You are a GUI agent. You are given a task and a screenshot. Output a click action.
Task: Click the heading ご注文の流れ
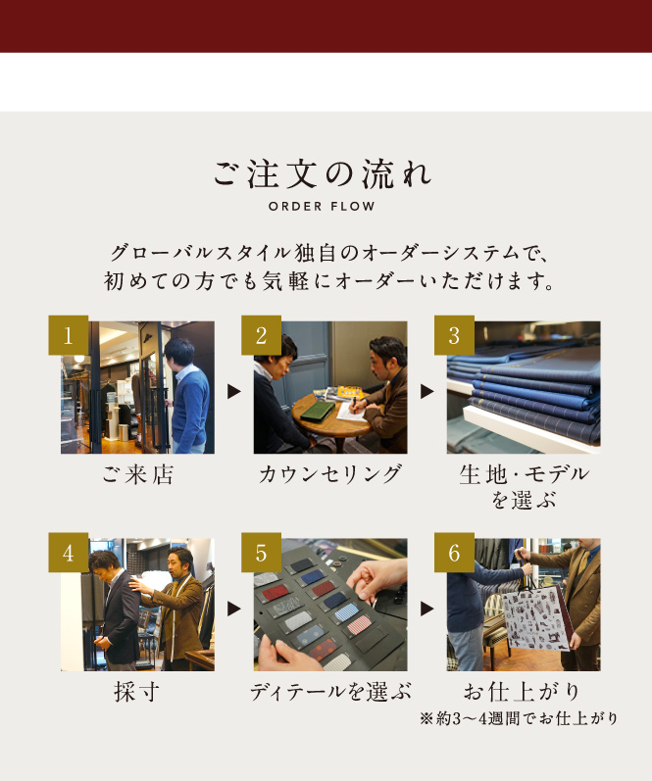[323, 174]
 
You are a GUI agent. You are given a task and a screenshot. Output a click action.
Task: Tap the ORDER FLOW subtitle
[322, 206]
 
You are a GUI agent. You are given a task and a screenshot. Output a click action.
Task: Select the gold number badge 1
[69, 335]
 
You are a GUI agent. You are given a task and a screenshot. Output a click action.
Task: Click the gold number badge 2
[261, 335]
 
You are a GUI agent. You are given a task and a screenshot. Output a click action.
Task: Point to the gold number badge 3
[454, 335]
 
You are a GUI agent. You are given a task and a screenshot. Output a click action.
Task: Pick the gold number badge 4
[69, 553]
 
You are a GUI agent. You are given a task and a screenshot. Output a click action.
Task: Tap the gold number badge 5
[261, 553]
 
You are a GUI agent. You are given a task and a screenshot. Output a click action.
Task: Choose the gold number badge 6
[454, 553]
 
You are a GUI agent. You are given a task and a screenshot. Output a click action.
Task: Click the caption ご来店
[137, 474]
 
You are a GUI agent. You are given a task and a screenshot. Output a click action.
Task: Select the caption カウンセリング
[330, 474]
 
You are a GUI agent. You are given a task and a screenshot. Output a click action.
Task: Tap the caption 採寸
[136, 692]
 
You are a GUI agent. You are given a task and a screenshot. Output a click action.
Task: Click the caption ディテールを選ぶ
[330, 692]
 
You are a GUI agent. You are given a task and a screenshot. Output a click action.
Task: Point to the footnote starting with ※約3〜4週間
[519, 718]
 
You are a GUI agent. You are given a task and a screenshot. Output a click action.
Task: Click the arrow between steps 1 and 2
[233, 392]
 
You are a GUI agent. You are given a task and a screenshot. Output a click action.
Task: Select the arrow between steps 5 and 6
[426, 609]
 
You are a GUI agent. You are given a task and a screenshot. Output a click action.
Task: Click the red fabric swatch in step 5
[276, 593]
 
